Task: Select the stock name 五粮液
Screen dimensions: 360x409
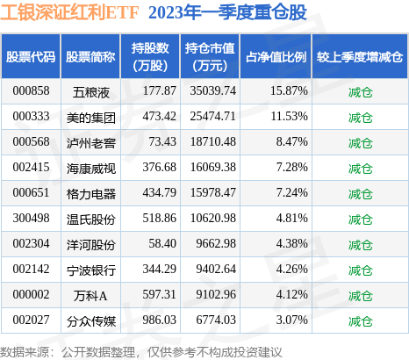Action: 91,91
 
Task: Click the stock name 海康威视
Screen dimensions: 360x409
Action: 91,165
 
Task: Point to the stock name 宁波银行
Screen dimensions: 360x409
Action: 91,264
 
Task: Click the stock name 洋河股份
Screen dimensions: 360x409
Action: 91,240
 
